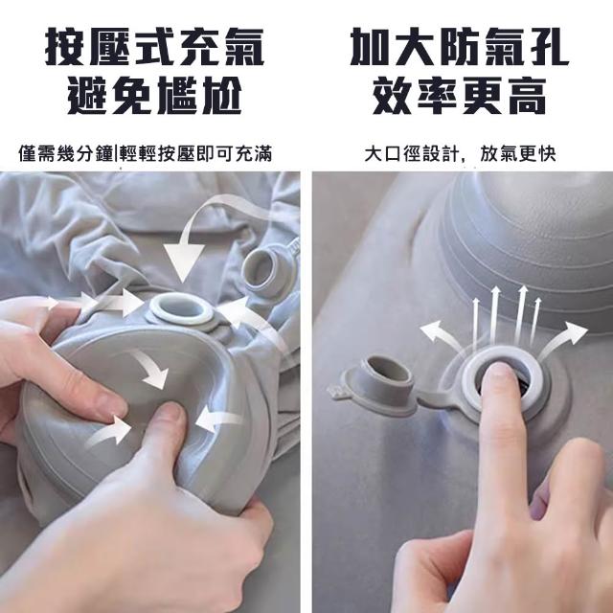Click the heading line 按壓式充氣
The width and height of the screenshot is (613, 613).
[x=155, y=47]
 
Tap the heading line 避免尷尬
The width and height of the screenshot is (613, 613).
[x=155, y=96]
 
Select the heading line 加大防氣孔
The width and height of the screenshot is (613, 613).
[x=460, y=47]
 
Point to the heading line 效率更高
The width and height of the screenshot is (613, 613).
[x=460, y=96]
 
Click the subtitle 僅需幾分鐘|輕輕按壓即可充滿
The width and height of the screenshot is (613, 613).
[x=145, y=153]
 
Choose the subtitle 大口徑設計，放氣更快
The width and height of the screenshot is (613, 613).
[x=460, y=153]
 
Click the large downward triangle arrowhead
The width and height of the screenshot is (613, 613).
[x=184, y=262]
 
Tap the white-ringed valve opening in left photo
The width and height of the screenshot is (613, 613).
[x=182, y=307]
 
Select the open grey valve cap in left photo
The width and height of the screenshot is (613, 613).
[x=263, y=269]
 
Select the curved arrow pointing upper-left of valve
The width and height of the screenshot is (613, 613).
[x=440, y=333]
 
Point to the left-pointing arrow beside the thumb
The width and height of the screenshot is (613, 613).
[x=218, y=420]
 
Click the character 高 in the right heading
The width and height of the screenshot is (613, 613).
[x=528, y=96]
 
